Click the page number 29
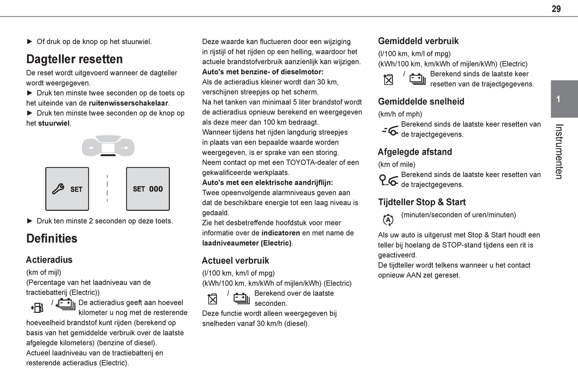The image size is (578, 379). coord(556,9)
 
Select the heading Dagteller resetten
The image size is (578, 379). coord(74,59)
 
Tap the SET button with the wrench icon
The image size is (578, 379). coord(67,189)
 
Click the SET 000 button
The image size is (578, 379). coord(148,189)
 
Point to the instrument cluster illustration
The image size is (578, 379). coord(108,146)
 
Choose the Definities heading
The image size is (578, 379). coord(52,238)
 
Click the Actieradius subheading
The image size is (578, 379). coord(49,260)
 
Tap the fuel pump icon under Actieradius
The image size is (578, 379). coord(37,307)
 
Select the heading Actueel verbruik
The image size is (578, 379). coord(235,260)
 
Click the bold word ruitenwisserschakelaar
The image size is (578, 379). coord(128,103)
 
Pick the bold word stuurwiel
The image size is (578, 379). coord(54,123)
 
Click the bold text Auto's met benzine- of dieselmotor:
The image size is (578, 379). coord(263,72)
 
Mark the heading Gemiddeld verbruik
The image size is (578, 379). coord(418,41)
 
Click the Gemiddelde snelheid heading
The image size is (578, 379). coord(421,101)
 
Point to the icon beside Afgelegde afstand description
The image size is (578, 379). coord(388,180)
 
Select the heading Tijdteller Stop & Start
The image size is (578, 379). coord(422,202)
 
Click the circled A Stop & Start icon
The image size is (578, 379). coord(388,220)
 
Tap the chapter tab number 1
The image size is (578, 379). coord(558,99)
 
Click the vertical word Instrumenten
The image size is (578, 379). coord(559,151)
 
